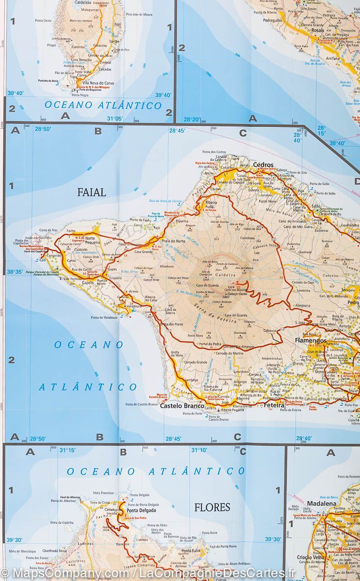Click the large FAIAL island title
point(92,193)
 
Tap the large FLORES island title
point(212,507)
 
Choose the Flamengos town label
point(310,340)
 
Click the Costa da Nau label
point(49,230)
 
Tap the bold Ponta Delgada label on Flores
point(141,510)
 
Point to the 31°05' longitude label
point(115,118)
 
